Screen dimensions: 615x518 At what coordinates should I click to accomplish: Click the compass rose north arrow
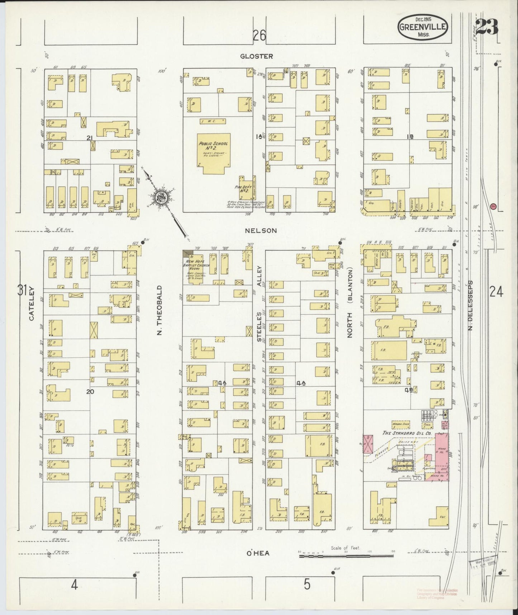[160, 197]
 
